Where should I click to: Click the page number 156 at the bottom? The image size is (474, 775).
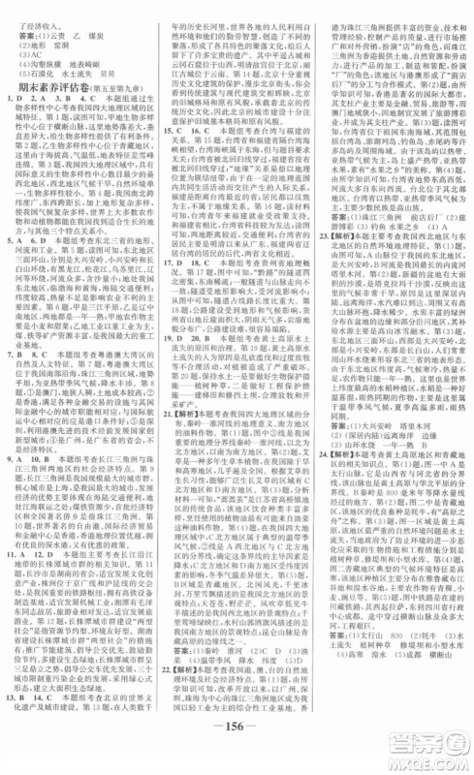point(236,749)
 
